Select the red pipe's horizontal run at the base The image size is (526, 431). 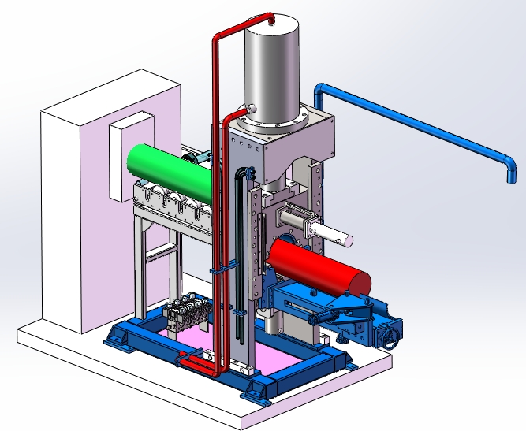[197, 363]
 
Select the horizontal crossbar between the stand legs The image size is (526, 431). [162, 251]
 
